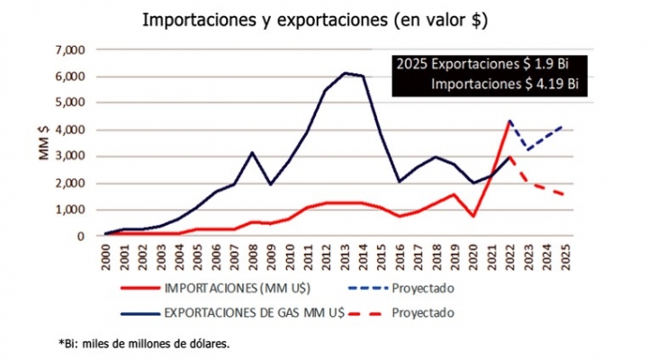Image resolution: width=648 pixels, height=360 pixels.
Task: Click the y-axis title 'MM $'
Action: (43, 144)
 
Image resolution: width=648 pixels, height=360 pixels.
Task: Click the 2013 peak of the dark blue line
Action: (346, 73)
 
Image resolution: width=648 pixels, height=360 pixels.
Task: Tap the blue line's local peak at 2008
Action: (255, 153)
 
